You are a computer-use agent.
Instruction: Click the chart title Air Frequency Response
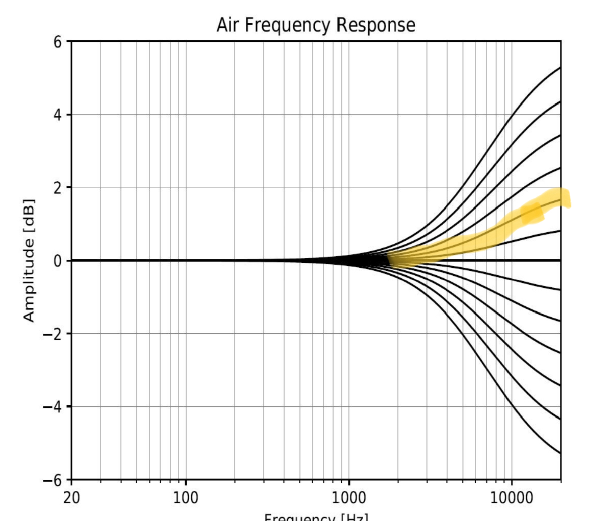tap(316, 24)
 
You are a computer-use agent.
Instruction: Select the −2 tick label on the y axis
tap(53, 334)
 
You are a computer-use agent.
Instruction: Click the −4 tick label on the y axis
tap(53, 406)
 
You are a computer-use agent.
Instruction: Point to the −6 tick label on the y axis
tap(53, 479)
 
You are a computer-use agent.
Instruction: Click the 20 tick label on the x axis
tap(72, 498)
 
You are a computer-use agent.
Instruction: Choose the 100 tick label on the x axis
tap(186, 498)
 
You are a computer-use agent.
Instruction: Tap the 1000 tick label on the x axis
tap(349, 498)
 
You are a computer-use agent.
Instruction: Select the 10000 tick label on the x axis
tap(512, 498)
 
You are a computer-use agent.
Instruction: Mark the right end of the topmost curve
tap(560, 68)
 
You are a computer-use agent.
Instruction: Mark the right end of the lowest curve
tap(560, 453)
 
